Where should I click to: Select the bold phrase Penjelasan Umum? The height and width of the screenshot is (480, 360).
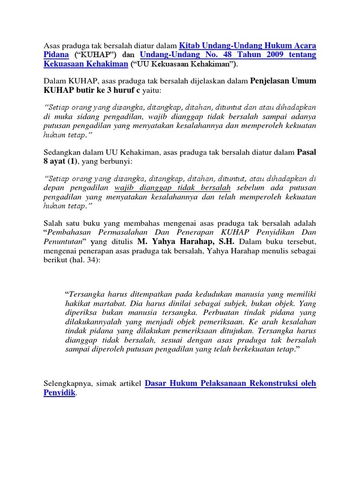[283, 81]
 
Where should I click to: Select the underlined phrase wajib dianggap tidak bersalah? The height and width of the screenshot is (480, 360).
[172, 188]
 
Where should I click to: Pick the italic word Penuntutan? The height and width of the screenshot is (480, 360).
[64, 242]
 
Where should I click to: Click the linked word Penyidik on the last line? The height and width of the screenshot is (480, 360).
[60, 393]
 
